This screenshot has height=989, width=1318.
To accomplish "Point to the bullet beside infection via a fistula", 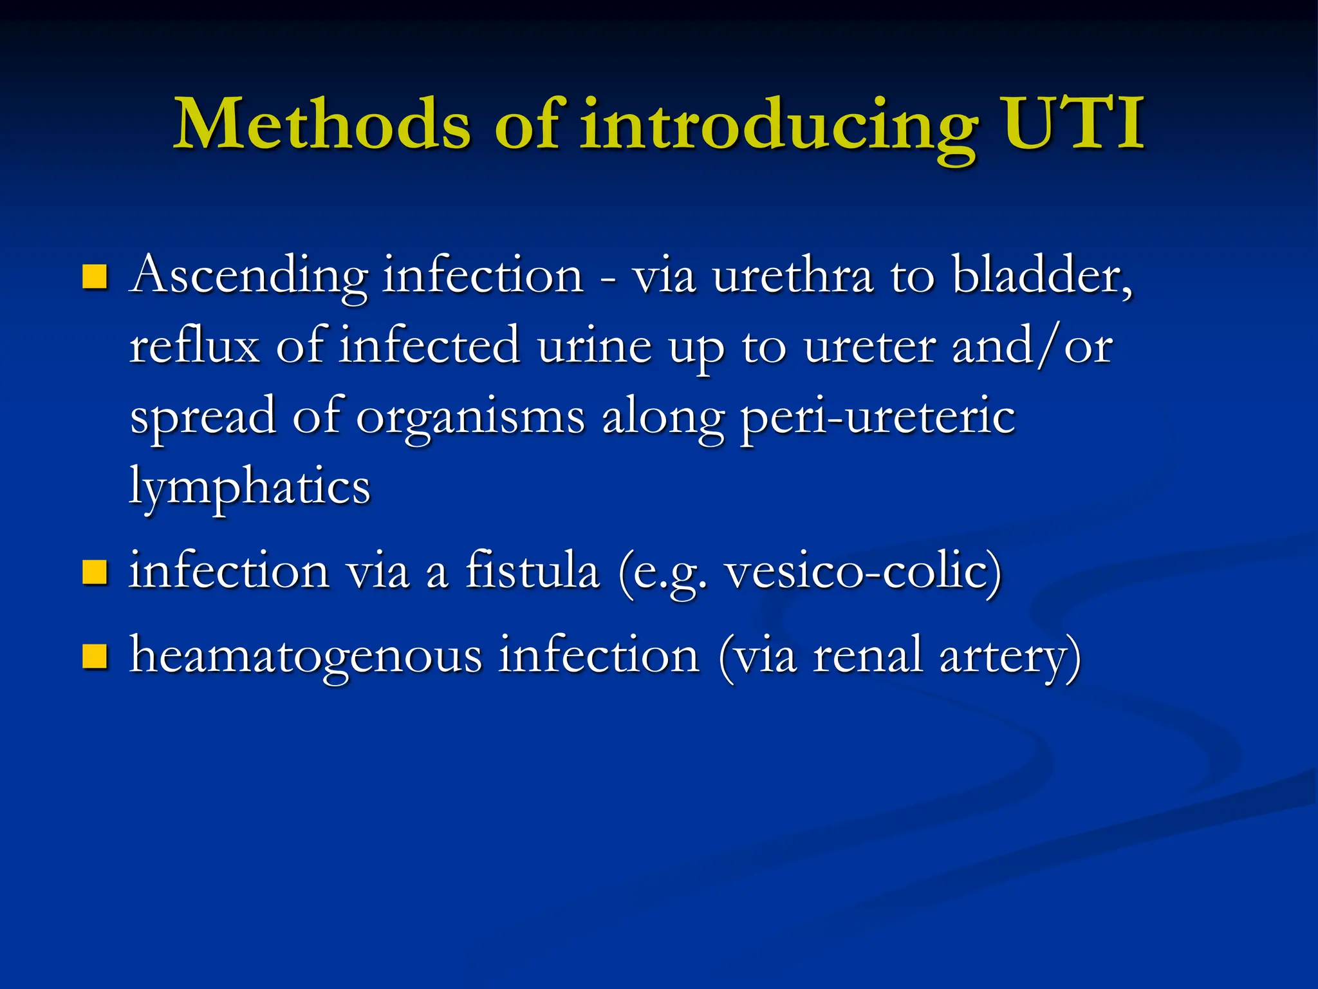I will [95, 571].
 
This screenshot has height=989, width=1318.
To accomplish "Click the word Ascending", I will [248, 276].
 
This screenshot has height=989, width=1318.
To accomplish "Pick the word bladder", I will [1040, 276].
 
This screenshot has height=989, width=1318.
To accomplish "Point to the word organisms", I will [470, 417].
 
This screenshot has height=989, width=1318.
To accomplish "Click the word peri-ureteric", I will [878, 417].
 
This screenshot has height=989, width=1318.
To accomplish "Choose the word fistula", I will [532, 570].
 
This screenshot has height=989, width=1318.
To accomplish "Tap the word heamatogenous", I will [306, 655].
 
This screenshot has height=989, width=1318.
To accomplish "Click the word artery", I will [1004, 655].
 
